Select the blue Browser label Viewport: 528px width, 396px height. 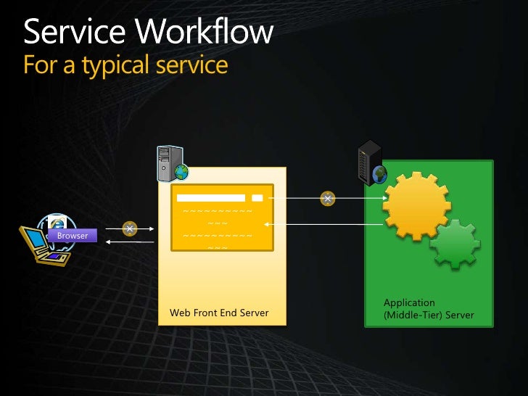[x=73, y=236]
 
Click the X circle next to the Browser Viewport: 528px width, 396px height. [x=130, y=228]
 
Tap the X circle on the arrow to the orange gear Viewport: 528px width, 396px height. [x=328, y=198]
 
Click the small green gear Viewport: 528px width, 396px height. [x=455, y=244]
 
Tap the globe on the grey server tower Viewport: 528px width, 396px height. [x=181, y=172]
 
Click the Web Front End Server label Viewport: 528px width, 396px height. [x=219, y=313]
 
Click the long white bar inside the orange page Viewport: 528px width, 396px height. [x=211, y=198]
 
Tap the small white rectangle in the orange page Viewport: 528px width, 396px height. [x=257, y=198]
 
